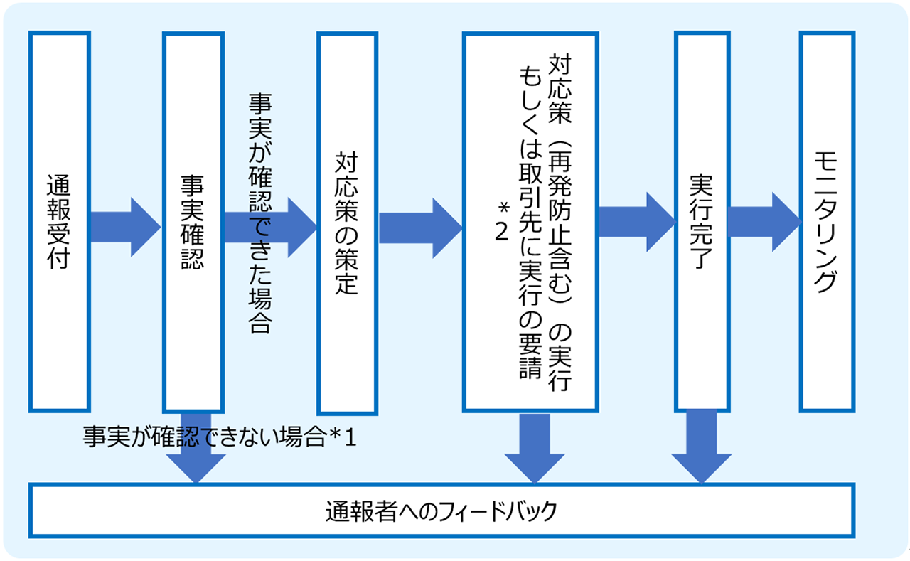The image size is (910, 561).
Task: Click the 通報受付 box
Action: click(59, 221)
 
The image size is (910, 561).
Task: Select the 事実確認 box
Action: click(193, 221)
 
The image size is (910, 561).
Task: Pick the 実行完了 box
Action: click(702, 221)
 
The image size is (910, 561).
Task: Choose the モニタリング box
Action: click(826, 221)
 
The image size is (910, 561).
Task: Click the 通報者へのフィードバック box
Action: click(441, 511)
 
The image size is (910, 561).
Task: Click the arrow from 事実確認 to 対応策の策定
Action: click(270, 227)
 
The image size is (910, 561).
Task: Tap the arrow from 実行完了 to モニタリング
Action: click(764, 218)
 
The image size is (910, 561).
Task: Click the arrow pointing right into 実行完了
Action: click(636, 218)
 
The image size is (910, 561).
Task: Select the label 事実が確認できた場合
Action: click(260, 213)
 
